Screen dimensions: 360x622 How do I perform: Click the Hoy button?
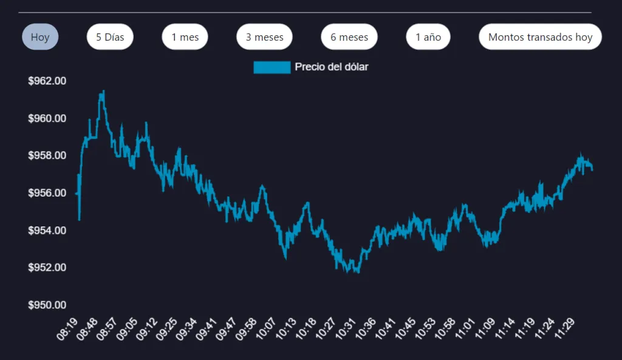(40, 37)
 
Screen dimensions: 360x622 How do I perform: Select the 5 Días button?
(110, 37)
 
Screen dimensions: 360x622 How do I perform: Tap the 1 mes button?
(185, 37)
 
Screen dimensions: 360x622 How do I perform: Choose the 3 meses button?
(264, 37)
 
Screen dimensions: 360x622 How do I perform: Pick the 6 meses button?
(349, 37)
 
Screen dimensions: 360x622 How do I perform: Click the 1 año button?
(428, 37)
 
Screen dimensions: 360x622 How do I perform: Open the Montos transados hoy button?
(540, 37)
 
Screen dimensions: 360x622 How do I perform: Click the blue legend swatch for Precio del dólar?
(272, 67)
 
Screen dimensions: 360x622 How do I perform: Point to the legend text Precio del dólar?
(331, 67)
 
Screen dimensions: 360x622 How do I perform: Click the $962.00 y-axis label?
(47, 81)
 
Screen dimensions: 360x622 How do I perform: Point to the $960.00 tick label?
(47, 118)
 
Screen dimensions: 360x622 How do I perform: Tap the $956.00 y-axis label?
(47, 193)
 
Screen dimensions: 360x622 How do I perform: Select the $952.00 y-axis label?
(47, 268)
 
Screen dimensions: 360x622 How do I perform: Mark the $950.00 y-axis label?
(47, 305)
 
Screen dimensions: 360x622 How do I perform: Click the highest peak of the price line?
(103, 91)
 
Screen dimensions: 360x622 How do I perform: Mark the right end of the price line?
(592, 170)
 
